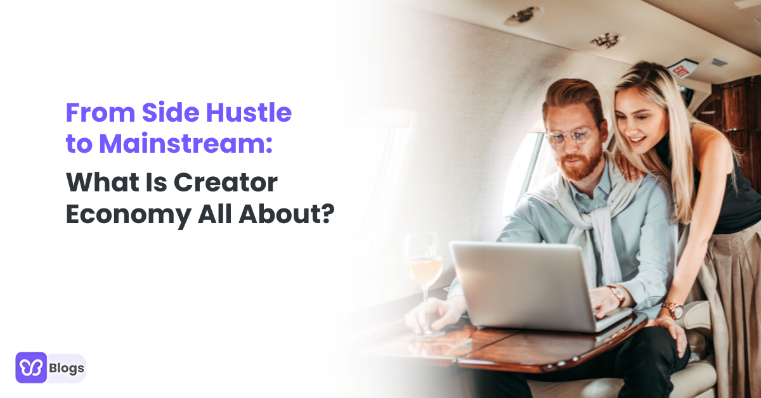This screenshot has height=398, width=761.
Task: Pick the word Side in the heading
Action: pyautogui.click(x=167, y=113)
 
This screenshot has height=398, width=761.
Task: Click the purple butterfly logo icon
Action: pyautogui.click(x=31, y=368)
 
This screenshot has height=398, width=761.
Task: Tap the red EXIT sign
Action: pyautogui.click(x=682, y=68)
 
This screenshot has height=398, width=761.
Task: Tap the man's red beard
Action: pyautogui.click(x=580, y=164)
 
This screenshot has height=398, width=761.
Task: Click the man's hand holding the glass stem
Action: pyautogui.click(x=434, y=314)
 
